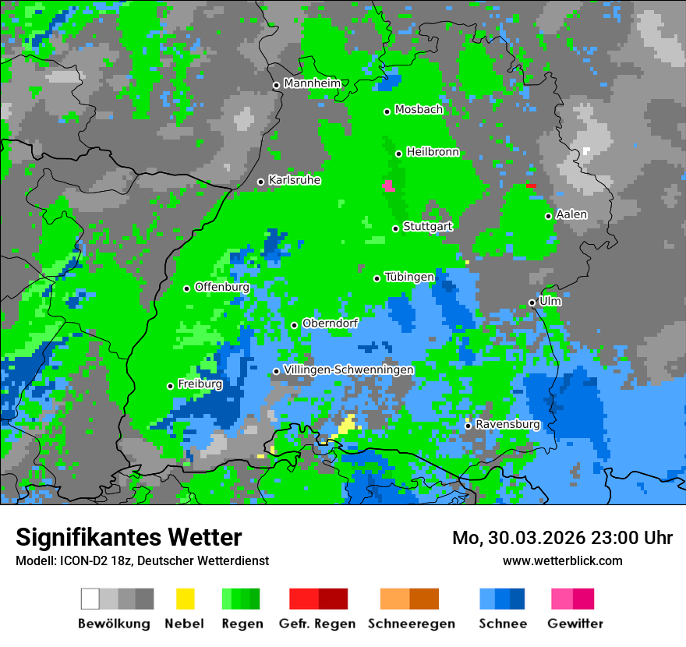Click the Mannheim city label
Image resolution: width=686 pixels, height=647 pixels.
coord(313,83)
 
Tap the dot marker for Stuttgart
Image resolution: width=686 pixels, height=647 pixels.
coord(396,228)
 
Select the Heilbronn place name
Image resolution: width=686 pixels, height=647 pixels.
coord(433,152)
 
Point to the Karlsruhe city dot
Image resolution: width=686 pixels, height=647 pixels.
coord(261,182)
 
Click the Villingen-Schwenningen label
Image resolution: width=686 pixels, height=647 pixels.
coord(348,369)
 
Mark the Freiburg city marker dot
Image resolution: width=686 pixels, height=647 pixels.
coord(170,386)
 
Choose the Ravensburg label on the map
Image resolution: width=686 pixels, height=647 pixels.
coord(507,424)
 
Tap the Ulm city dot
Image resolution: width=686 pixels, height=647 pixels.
coord(532,302)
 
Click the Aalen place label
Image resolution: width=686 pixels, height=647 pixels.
coord(571,214)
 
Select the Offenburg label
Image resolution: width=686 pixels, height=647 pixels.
coord(222,287)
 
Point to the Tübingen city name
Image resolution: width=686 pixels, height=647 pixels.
coord(409,277)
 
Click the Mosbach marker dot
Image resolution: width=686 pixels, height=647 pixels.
coord(387,111)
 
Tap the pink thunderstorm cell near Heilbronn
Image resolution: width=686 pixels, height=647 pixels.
coord(388,186)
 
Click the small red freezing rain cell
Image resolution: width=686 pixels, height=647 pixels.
coord(531,186)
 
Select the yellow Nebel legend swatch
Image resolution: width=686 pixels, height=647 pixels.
coord(185,599)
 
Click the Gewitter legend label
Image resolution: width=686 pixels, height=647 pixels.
coord(575,624)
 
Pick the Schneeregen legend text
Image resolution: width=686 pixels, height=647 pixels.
coord(411,624)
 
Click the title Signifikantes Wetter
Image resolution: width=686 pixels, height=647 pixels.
coord(129,537)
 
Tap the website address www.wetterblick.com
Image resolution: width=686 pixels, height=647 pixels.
coord(562,560)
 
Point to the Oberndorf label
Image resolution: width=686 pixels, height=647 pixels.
coord(330,323)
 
